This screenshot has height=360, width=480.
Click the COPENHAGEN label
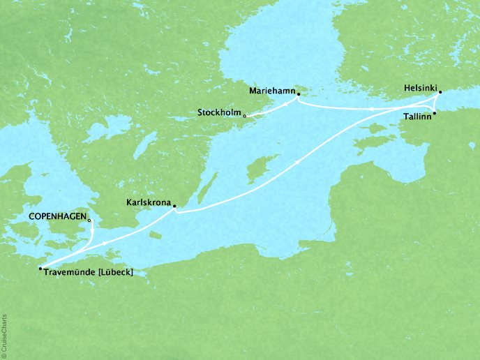[x=58, y=217]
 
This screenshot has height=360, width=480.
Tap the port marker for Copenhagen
[x=89, y=220]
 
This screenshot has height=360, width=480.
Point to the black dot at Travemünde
[x=40, y=268]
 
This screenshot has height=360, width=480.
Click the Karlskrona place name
[x=146, y=202]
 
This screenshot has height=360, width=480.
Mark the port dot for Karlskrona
[x=174, y=206]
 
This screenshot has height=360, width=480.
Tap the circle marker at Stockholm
[x=244, y=116]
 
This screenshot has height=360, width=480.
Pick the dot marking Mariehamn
[x=298, y=93]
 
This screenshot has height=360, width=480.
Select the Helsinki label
[x=421, y=89]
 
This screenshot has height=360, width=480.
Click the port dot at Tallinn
[x=435, y=113]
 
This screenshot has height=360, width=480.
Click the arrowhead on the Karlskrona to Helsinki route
[x=300, y=162]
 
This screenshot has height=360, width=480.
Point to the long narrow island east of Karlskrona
[x=205, y=186]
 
